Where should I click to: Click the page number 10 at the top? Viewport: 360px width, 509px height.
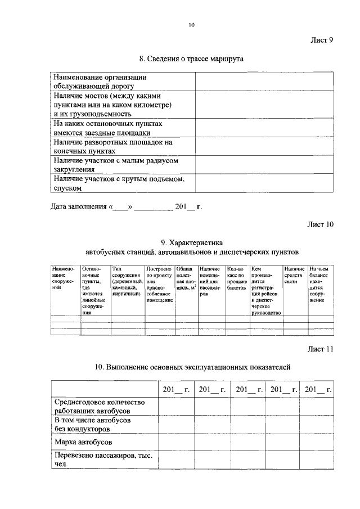tap(191, 25)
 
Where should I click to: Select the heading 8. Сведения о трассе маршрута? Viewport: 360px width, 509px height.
tap(191, 58)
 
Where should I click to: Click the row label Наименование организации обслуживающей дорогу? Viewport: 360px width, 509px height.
tap(100, 82)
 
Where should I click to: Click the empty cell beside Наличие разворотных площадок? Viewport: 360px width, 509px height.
tap(262, 146)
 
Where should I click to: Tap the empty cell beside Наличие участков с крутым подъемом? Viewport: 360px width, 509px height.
tap(262, 183)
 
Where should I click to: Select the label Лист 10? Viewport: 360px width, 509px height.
tap(320, 224)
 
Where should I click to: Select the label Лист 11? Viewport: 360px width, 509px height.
tap(320, 349)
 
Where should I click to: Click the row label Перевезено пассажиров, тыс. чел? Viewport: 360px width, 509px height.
tap(103, 460)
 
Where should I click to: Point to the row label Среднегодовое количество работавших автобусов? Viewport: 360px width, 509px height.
tap(100, 407)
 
